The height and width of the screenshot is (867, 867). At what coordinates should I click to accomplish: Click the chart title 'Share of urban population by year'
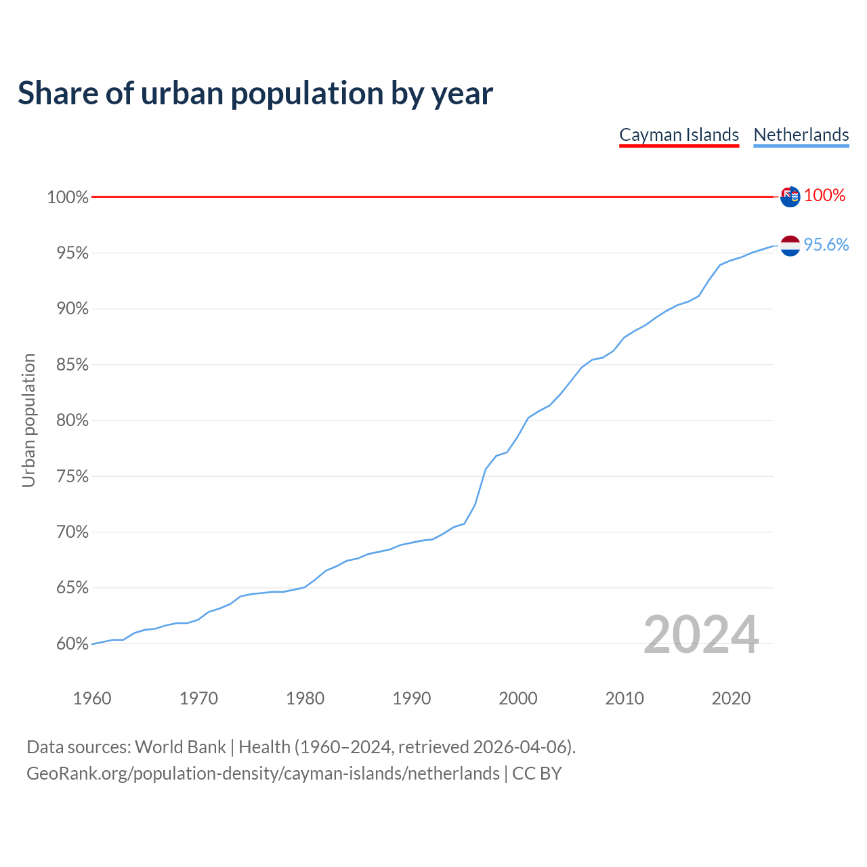point(255,93)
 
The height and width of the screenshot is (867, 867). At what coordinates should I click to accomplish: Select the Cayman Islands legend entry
point(679,135)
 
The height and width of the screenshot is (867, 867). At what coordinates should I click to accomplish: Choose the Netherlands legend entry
point(801,135)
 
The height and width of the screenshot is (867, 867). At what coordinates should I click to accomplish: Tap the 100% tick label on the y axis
point(68,197)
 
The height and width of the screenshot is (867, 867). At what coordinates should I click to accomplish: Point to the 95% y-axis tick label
point(72,253)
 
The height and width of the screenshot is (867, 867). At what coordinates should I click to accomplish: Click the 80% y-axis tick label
point(72,421)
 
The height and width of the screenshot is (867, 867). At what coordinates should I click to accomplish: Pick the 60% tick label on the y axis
point(72,643)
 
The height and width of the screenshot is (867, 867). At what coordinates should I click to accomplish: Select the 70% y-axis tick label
point(72,532)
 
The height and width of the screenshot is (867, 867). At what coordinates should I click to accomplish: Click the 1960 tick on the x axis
point(92,698)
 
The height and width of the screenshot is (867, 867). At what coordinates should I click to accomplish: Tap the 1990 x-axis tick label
point(412,698)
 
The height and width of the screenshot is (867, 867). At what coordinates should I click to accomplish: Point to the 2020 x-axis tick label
point(731,698)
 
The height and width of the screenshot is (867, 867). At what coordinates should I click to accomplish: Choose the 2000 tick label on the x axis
point(518,698)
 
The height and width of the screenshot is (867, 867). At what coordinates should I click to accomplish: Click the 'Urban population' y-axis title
point(28,420)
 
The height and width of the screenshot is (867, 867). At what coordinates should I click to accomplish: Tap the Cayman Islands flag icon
point(790,196)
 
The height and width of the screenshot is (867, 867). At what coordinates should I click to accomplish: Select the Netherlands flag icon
point(790,246)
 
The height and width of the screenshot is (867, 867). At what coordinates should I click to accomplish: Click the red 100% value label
point(824,196)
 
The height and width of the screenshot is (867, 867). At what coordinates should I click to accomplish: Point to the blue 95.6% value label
point(826,245)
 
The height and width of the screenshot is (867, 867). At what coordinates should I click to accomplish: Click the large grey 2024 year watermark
point(701,635)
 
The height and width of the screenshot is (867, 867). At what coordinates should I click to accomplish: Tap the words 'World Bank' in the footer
point(180,747)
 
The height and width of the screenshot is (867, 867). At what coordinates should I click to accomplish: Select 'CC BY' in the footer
point(537,774)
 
